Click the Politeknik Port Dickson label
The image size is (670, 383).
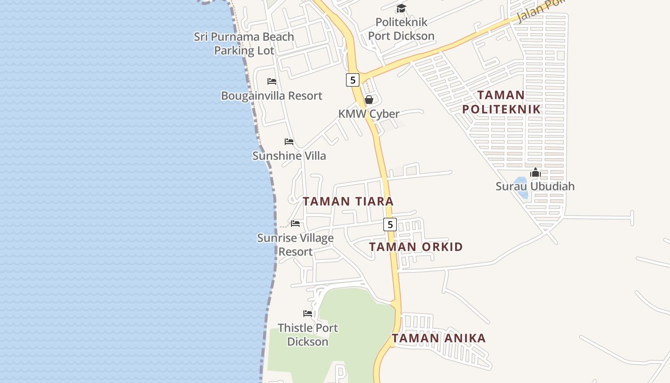tap(401, 29)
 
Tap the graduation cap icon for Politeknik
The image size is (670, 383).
tap(401, 8)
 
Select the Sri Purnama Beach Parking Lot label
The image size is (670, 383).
tap(244, 44)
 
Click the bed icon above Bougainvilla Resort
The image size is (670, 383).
tap(272, 81)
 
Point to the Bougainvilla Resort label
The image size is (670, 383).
tap(271, 96)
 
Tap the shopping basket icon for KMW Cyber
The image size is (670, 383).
tap(369, 100)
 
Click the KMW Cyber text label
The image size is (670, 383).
tap(368, 114)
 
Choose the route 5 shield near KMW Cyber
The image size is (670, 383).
tap(353, 80)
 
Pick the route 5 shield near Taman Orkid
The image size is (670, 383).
tap(390, 224)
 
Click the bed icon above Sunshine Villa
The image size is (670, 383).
tap(289, 142)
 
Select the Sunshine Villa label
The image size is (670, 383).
tap(289, 156)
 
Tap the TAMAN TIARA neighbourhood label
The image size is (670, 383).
tap(348, 202)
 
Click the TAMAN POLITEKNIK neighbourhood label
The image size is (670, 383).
tap(501, 102)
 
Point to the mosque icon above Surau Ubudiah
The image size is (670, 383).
tap(535, 172)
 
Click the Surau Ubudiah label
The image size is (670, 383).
tap(535, 186)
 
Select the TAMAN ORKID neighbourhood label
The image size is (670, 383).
tap(416, 247)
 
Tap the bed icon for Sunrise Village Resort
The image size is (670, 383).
tap(295, 224)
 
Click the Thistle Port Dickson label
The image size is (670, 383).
tap(308, 335)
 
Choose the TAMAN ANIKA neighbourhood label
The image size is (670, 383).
tap(439, 338)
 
